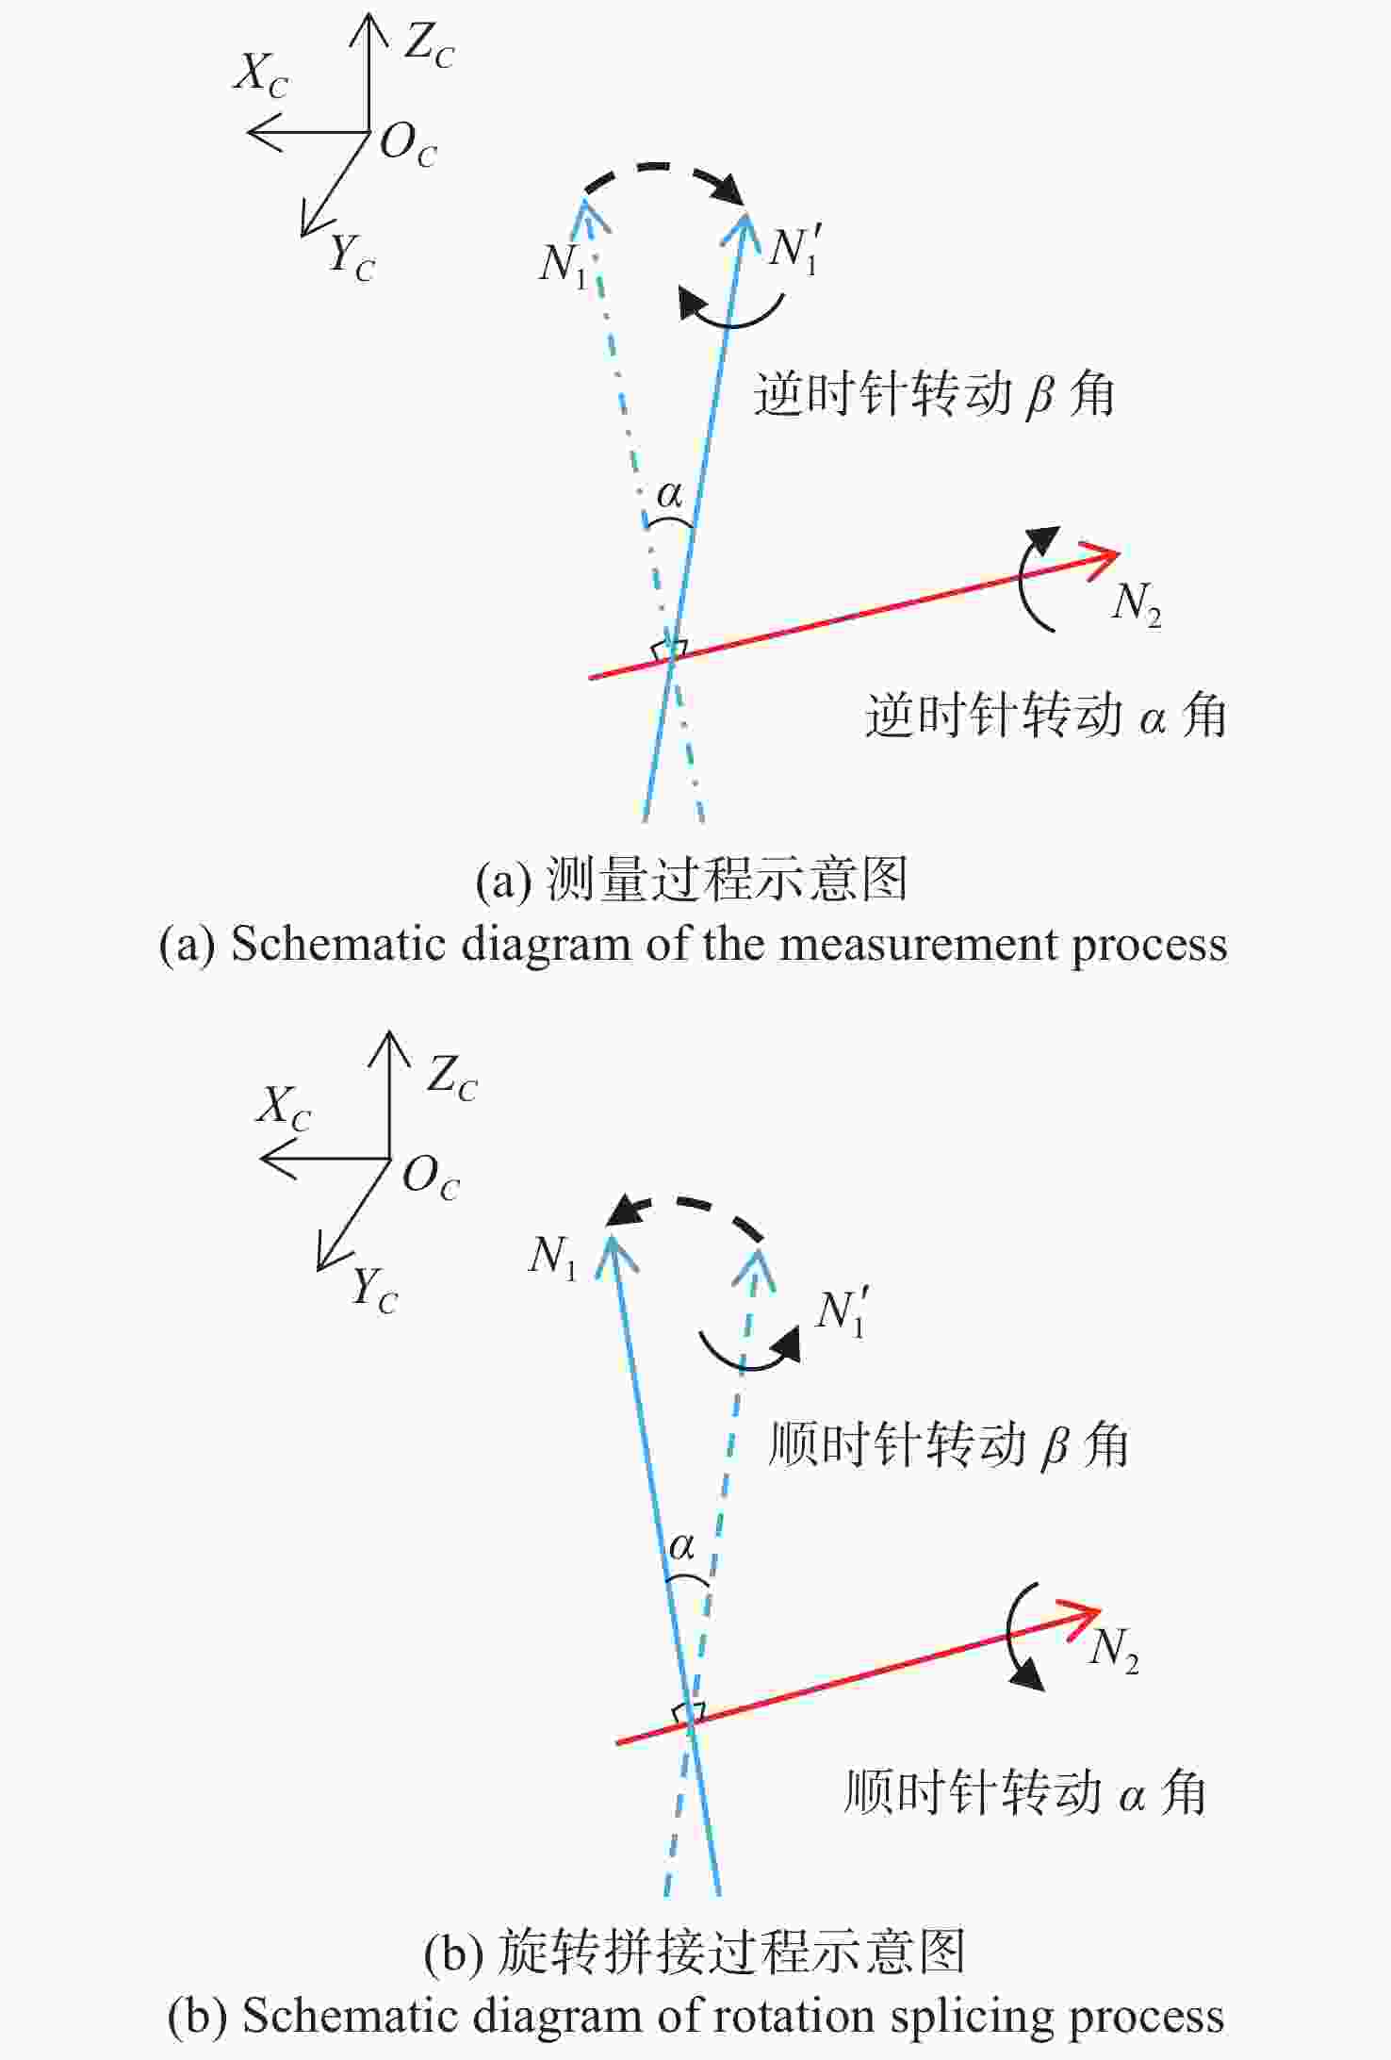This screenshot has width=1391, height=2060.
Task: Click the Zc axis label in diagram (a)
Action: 429,44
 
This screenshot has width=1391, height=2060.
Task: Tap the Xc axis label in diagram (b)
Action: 284,1106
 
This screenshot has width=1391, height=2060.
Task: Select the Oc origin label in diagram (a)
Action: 408,145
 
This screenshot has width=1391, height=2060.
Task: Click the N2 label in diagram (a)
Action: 1136,604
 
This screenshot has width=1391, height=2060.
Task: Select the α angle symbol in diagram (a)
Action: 669,493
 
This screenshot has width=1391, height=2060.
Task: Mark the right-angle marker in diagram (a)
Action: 669,650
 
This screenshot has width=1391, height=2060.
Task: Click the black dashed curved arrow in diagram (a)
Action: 660,168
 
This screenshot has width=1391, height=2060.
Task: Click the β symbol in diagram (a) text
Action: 1039,395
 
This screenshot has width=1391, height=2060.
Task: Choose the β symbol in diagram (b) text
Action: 1056,1445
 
